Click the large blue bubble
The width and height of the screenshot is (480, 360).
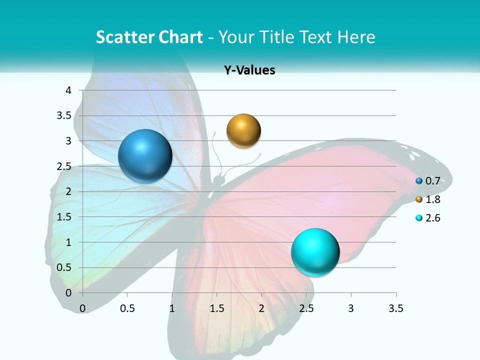point(145,156)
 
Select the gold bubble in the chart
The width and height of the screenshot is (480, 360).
point(243,131)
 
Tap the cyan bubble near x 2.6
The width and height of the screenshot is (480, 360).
point(315,252)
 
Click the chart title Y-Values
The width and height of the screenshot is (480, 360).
point(249,70)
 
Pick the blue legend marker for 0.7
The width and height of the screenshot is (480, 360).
point(419,181)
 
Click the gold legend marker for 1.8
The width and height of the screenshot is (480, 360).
point(419,199)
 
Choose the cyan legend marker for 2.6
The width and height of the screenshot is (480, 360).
point(419,218)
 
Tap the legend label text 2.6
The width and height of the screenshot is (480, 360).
point(432,218)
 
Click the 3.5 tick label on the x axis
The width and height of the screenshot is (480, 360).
point(395,308)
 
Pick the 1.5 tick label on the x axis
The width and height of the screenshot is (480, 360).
point(216,308)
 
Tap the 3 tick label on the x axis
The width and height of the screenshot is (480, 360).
point(351,308)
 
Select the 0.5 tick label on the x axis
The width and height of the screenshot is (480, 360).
point(127,308)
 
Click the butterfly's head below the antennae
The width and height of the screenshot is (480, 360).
point(218,179)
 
